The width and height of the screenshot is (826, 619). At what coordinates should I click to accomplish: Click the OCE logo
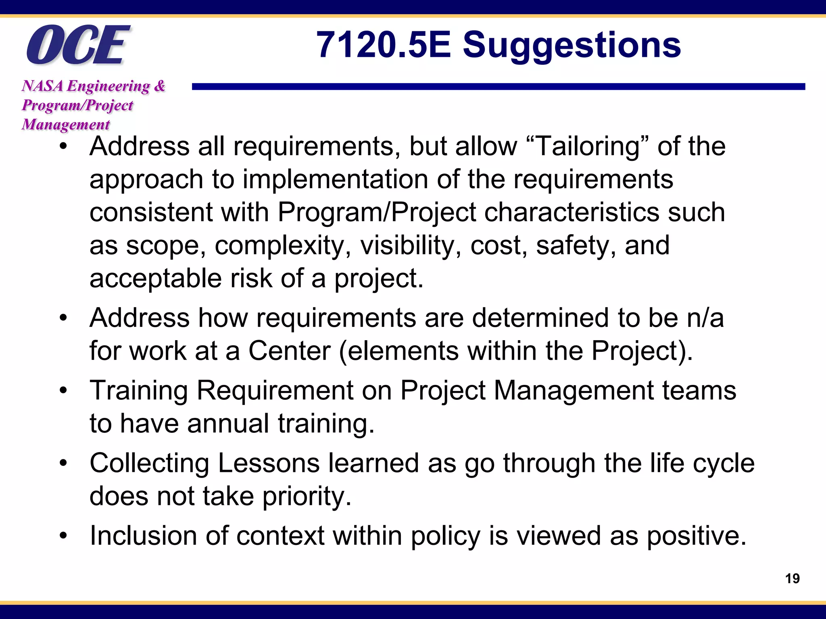[77, 45]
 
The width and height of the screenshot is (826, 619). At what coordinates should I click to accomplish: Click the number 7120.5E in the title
[383, 45]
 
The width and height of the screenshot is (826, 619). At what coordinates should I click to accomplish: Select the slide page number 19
[792, 579]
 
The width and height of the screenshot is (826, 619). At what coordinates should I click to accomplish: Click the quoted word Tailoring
[588, 147]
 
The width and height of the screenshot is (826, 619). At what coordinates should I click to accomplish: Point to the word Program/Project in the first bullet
[377, 212]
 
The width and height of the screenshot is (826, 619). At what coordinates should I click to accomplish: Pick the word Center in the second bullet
[289, 351]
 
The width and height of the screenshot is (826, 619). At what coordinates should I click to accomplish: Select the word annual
[228, 424]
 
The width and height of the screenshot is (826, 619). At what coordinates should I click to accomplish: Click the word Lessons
[269, 463]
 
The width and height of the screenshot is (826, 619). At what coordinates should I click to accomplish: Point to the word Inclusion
[143, 536]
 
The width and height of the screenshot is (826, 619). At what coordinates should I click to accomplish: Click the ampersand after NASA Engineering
[160, 86]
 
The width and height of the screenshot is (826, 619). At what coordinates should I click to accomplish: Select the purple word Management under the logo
[66, 125]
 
